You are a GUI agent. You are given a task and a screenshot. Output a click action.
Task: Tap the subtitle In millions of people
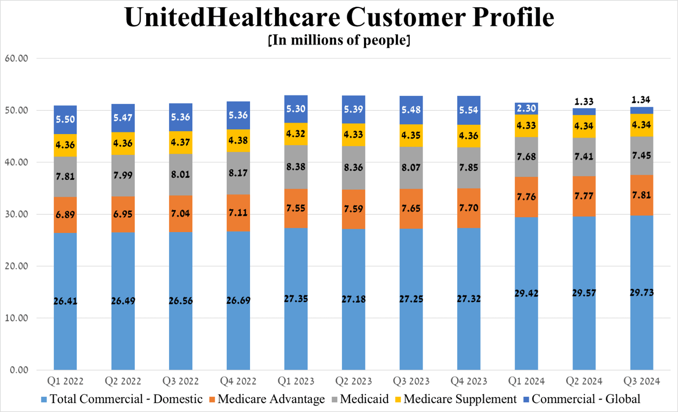coord(339,40)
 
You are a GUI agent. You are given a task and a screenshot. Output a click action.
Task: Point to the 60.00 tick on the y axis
coord(16,58)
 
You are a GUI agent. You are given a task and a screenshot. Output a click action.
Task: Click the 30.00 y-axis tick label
coord(16,214)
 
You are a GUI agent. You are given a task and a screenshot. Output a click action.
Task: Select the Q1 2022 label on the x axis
coord(65,381)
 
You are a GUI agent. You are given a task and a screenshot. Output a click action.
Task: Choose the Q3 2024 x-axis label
coord(642,381)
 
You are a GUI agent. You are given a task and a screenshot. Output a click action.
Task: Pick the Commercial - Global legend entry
coord(585,399)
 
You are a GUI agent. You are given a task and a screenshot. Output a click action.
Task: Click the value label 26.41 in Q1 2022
coord(65,301)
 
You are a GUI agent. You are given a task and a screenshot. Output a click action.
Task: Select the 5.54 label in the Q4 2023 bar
coord(468,110)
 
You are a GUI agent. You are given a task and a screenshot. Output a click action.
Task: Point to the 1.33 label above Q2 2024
coord(584,102)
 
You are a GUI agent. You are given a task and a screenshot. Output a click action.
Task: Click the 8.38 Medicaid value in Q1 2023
coord(296,167)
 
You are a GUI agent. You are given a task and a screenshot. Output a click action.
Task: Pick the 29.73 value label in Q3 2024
coord(642,293)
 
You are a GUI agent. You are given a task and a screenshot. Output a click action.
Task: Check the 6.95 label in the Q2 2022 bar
coord(123,214)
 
